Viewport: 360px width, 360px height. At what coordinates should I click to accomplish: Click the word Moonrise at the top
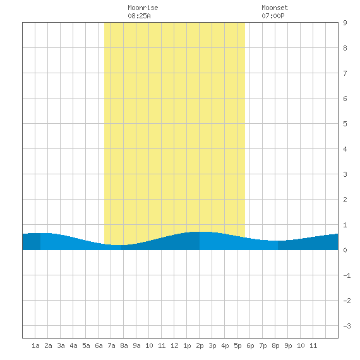pyautogui.click(x=143, y=8)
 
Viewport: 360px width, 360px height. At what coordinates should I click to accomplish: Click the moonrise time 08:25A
pyautogui.click(x=139, y=16)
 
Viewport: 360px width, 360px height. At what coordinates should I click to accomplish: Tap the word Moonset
pyautogui.click(x=275, y=8)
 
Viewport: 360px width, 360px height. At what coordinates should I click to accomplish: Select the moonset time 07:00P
pyautogui.click(x=273, y=16)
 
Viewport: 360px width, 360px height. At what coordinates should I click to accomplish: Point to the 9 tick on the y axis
pyautogui.click(x=345, y=23)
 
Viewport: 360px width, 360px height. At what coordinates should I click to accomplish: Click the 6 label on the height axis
pyautogui.click(x=345, y=99)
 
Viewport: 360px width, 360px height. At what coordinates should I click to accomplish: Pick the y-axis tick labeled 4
pyautogui.click(x=345, y=149)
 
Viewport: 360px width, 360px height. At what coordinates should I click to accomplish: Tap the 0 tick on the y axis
pyautogui.click(x=345, y=250)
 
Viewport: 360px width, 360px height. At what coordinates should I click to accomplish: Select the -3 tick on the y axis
pyautogui.click(x=347, y=326)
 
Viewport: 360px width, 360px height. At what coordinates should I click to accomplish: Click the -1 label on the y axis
pyautogui.click(x=347, y=275)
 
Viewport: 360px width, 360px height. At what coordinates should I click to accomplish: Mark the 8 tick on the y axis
pyautogui.click(x=345, y=48)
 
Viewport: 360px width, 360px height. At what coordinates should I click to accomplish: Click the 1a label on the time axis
pyautogui.click(x=35, y=345)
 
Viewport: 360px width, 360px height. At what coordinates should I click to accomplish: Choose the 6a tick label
pyautogui.click(x=99, y=345)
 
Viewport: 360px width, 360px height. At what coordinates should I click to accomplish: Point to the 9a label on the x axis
pyautogui.click(x=136, y=345)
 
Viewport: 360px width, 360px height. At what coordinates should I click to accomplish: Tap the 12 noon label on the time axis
pyautogui.click(x=174, y=345)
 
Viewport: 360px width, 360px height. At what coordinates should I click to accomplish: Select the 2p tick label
pyautogui.click(x=200, y=345)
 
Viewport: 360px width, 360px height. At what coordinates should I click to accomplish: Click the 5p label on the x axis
pyautogui.click(x=237, y=345)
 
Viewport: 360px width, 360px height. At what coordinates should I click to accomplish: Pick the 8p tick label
pyautogui.click(x=275, y=345)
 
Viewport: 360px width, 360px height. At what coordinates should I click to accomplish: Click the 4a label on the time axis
pyautogui.click(x=73, y=345)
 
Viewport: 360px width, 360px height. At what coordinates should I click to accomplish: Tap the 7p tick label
pyautogui.click(x=263, y=345)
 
